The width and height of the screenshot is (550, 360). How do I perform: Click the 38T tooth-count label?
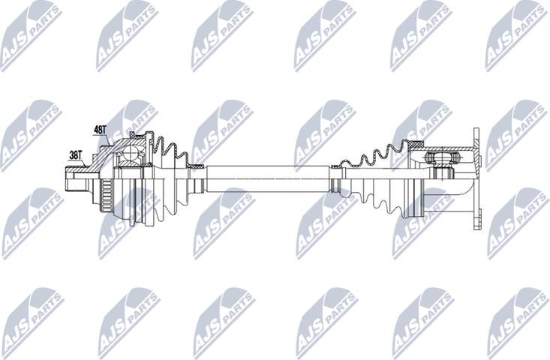coord(75,154)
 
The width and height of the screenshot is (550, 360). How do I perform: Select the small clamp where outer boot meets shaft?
coord(197,165)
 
